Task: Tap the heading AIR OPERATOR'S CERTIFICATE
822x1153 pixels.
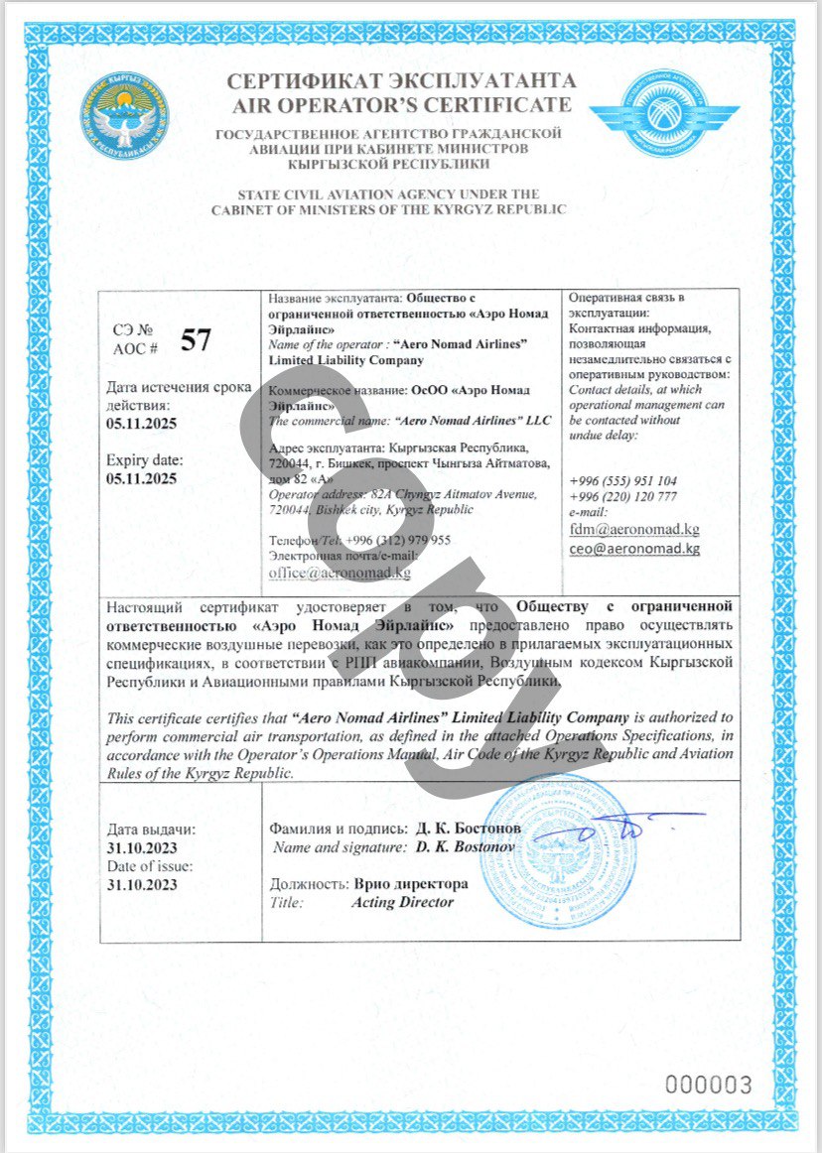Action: pos(401,105)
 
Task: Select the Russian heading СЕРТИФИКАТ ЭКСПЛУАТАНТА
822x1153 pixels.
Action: pos(401,82)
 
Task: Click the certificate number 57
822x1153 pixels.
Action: pos(196,341)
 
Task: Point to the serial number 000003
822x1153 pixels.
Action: pos(708,1084)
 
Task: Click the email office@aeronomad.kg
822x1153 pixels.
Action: pos(340,573)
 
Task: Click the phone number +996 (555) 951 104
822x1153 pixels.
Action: pos(623,480)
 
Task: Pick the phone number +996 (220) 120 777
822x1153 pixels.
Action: pos(623,496)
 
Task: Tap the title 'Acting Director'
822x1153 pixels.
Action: pos(402,902)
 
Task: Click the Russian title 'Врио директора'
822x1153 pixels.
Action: pos(410,883)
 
